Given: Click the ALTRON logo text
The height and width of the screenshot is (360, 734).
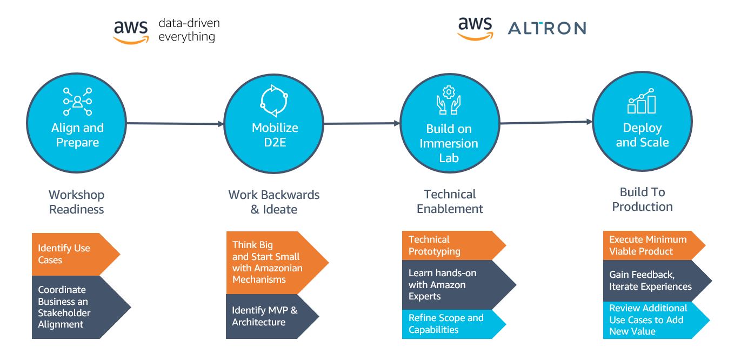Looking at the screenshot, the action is (x=547, y=28).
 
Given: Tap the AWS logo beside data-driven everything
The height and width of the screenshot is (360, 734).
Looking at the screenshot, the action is (x=131, y=32).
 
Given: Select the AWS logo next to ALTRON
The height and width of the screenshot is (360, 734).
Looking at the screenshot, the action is (x=475, y=29).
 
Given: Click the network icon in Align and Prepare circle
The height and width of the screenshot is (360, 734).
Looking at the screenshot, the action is (x=78, y=102).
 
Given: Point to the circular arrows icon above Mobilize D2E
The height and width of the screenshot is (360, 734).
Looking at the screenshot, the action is (x=274, y=101).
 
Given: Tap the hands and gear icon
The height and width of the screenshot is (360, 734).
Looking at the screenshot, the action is (x=449, y=100).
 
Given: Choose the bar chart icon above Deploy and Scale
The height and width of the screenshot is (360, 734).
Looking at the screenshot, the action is (x=642, y=101).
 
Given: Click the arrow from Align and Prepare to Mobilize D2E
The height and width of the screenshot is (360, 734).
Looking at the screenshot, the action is (x=175, y=123).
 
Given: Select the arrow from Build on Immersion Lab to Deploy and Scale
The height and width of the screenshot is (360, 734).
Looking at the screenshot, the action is (x=546, y=123).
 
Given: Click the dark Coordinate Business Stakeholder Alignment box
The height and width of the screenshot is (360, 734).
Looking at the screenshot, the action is (x=81, y=307).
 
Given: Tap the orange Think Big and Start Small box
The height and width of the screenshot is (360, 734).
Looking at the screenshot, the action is (x=277, y=262).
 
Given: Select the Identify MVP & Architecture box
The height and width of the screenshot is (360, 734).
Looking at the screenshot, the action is (x=272, y=316).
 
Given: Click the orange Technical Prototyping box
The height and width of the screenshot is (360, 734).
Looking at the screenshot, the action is (x=454, y=245).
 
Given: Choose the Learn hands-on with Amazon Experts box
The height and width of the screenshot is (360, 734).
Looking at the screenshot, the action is (x=459, y=285).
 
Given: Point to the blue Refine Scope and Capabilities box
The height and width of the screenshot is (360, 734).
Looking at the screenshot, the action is (x=454, y=324).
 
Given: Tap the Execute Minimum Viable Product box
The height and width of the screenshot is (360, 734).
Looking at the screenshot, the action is (x=654, y=245).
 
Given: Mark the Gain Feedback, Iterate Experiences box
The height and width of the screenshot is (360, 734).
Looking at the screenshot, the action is (x=657, y=281).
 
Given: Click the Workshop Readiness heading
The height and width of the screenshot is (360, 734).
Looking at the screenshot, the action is (x=76, y=202).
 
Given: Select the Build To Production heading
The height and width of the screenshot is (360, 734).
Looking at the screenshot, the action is (x=642, y=199).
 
